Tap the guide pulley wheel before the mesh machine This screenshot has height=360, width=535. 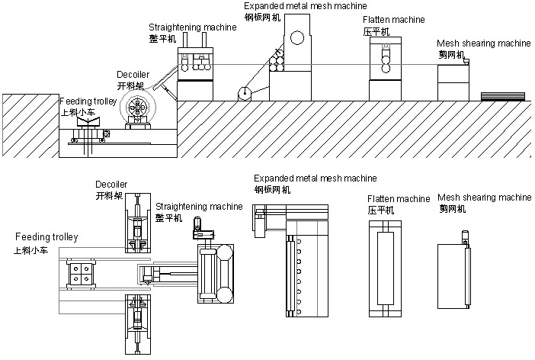tap(244, 93)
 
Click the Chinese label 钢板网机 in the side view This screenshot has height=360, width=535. tap(261, 14)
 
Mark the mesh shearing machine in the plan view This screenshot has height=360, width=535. tap(453, 275)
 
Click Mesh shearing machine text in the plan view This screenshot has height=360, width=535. tap(484, 197)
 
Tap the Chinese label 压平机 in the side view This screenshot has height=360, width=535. tap(376, 31)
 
